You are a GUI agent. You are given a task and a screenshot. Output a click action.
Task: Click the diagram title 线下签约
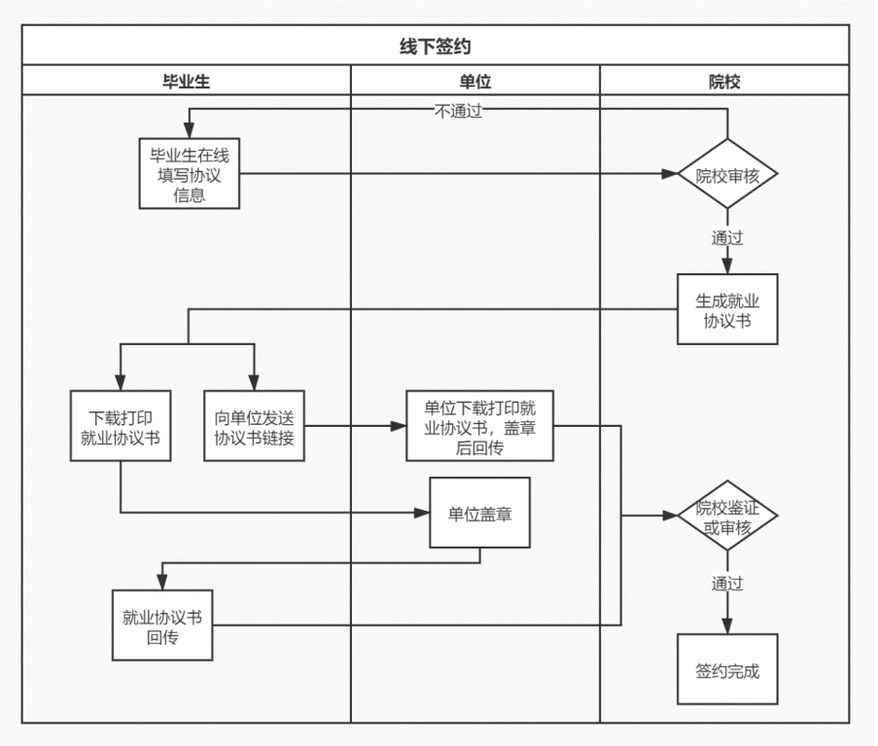coord(435,46)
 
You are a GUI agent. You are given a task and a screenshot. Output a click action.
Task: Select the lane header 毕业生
coord(186,82)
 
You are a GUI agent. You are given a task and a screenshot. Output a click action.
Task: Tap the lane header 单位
coord(474,82)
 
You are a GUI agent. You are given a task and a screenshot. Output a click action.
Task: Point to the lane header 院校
coord(723,82)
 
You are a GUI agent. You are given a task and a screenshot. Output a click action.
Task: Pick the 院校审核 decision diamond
coord(727,175)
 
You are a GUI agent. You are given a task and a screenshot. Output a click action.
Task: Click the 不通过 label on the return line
coord(458,111)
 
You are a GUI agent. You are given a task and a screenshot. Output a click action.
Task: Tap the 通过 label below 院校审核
coord(727,237)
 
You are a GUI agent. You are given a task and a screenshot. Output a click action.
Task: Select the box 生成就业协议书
coord(727,309)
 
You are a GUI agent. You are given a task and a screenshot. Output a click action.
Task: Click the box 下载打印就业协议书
coord(121,426)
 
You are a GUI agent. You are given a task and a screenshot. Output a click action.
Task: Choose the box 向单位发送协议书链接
coord(255,426)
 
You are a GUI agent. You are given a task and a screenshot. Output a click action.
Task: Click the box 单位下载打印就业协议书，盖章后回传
coord(480,426)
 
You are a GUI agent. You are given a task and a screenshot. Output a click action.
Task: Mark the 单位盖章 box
coord(480,513)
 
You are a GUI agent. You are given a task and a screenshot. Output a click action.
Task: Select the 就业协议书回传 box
coord(162,625)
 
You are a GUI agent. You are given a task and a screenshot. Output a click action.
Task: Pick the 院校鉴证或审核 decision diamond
coord(727,516)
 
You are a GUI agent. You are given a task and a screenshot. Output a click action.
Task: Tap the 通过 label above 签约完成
coord(727,585)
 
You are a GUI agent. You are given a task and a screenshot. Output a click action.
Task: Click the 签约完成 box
coord(727,669)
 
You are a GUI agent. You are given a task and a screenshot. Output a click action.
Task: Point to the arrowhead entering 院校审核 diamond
coord(670,174)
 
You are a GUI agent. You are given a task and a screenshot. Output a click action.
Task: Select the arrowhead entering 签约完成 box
coord(727,627)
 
